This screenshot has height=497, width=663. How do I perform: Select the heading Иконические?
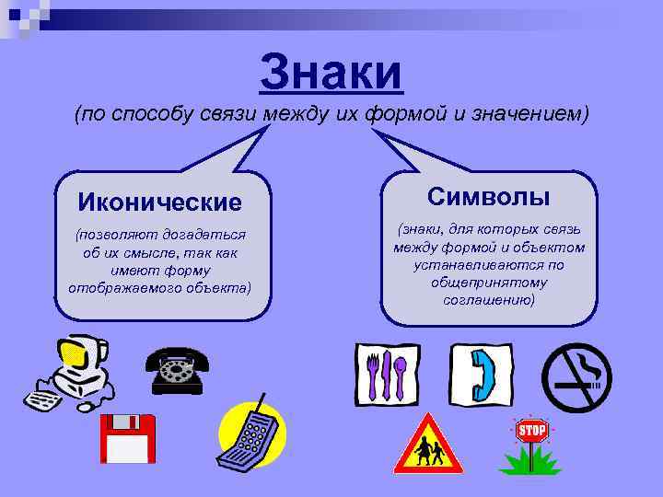pos(159,202)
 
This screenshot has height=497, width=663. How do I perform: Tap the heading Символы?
pos(489,196)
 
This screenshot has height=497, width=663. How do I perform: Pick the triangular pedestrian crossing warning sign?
pos(426,447)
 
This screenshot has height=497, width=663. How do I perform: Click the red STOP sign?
pos(531,431)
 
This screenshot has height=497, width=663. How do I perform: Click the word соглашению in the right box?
pos(488,300)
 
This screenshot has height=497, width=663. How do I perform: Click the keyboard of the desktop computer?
pos(41,400)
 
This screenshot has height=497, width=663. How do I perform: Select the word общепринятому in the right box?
pos(489,283)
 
